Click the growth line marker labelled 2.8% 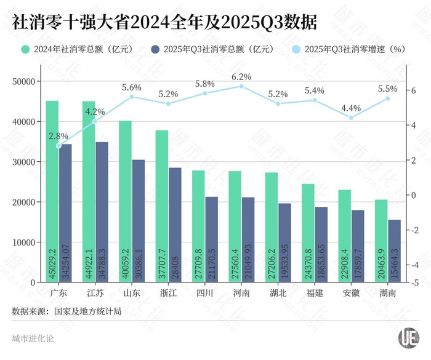click(58, 146)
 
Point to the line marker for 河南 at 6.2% click(241, 86)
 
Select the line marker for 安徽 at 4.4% click(351, 118)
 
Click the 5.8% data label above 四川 click(204, 83)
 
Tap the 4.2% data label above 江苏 click(95, 111)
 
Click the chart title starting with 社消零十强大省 click(164, 23)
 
